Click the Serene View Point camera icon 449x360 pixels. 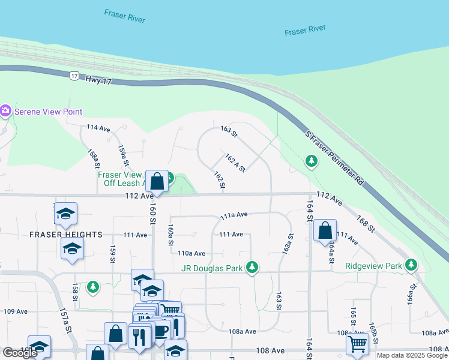(6, 111)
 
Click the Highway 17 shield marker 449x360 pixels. (74, 76)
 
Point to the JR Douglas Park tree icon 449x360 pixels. (253, 267)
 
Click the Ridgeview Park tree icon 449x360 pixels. (411, 264)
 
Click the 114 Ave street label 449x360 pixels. (98, 128)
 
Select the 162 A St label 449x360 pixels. (235, 163)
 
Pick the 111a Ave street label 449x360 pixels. (234, 214)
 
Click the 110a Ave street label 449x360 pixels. (191, 254)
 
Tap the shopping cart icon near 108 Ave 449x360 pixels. (357, 344)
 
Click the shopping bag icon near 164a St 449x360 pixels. (325, 230)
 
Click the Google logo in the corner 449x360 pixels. (20, 353)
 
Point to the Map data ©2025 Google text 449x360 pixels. (412, 355)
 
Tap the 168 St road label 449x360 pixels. (366, 225)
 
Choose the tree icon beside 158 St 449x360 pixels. (92, 287)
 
